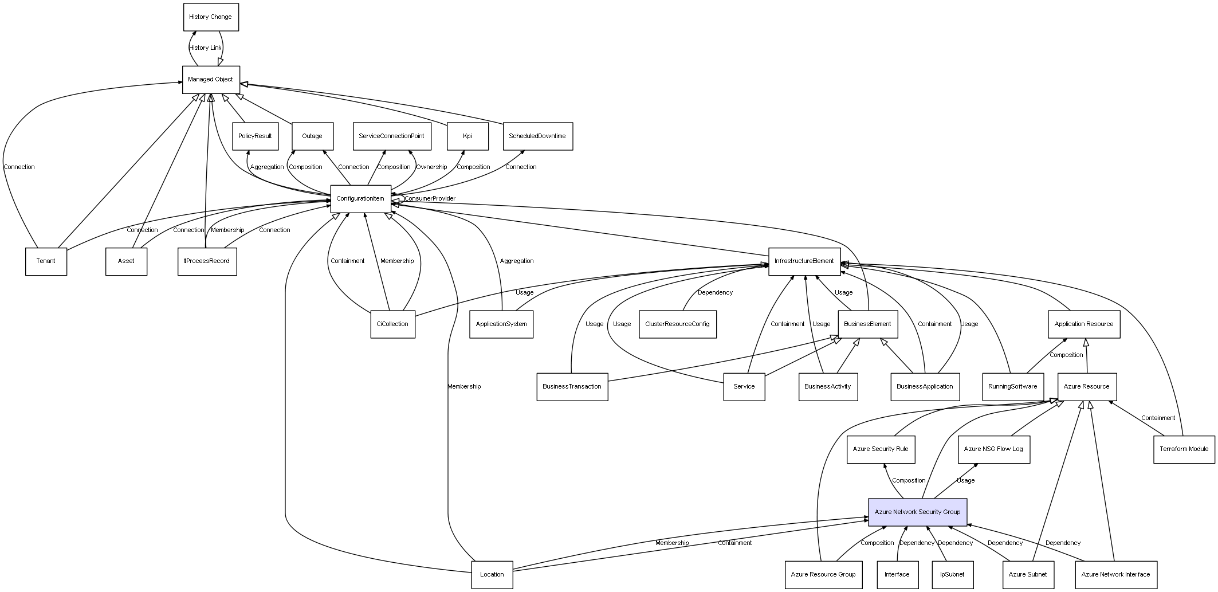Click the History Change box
coord(211,17)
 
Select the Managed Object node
coord(211,80)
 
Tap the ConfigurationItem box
coord(360,199)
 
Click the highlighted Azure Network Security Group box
coord(917,512)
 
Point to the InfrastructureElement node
coord(804,261)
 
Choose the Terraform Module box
coord(1184,449)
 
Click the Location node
coord(492,574)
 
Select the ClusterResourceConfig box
coord(677,324)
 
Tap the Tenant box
coord(46,261)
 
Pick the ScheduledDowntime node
coord(537,136)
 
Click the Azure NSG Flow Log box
coord(993,449)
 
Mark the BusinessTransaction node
coord(572,387)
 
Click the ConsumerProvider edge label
coord(430,199)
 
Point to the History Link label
coord(205,48)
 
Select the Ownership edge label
coord(431,167)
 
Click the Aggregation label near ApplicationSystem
coord(517,261)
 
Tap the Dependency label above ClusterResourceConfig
coord(715,293)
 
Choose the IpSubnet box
coord(952,574)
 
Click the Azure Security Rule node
coord(881,449)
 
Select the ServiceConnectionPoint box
coord(391,136)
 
